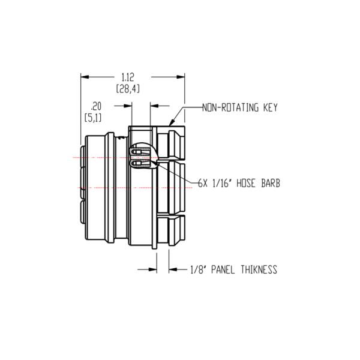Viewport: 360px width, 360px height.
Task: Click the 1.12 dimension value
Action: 127,77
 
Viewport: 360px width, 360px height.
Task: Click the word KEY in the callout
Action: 269,108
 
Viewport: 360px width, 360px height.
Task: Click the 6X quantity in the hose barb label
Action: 203,184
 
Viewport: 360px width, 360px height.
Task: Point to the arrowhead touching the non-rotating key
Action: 173,121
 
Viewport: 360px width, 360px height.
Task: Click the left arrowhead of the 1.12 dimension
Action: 85,77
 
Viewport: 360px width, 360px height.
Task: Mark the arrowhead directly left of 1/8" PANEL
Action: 172,270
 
